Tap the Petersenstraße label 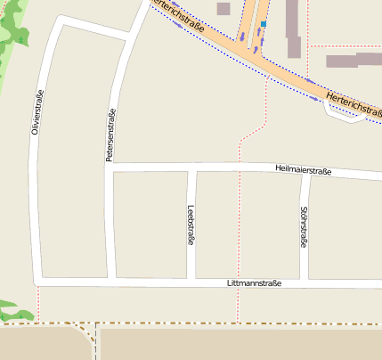point(111,135)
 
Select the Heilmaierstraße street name point(303,169)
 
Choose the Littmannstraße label point(255,283)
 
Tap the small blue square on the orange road point(264,24)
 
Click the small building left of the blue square point(223,9)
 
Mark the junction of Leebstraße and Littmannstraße point(195,282)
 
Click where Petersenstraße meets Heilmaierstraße point(110,167)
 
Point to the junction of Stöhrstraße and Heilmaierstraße point(305,172)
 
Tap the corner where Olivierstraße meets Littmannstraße point(39,279)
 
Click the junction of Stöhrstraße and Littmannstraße point(305,283)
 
